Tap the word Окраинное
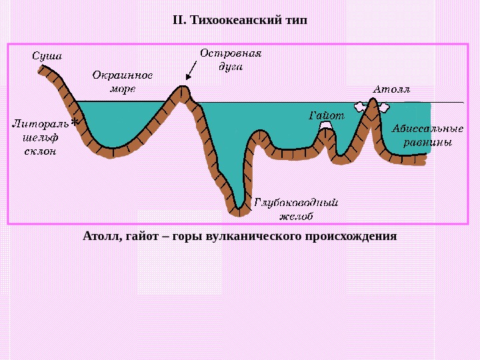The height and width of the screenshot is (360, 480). (122, 75)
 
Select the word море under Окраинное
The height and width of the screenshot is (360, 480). (123, 88)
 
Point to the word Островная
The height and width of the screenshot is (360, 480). (231, 53)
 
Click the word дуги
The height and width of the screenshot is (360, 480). (231, 66)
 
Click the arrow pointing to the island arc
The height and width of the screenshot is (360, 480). (190, 69)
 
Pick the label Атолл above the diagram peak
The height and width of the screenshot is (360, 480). (391, 89)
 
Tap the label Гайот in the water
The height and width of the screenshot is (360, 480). (327, 115)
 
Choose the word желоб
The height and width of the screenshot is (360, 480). (297, 216)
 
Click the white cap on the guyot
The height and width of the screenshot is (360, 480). (325, 125)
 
